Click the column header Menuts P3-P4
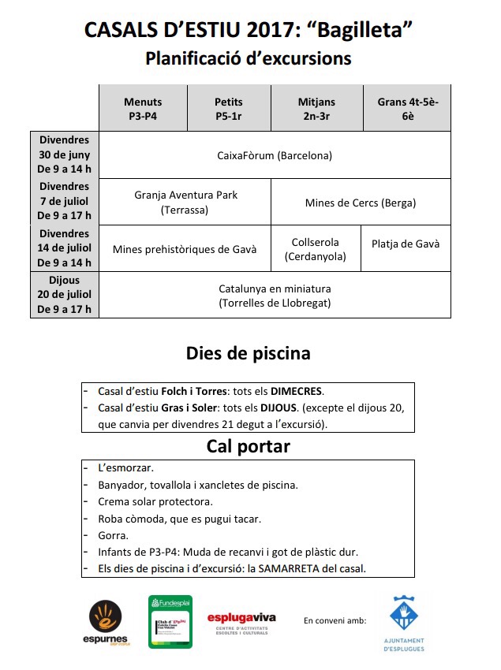[x=143, y=108]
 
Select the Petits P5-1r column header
[x=229, y=108]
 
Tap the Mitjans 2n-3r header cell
[x=316, y=108]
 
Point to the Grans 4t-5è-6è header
[x=407, y=108]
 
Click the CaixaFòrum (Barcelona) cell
[x=275, y=155]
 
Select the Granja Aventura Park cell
[x=185, y=203]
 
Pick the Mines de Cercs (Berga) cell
[x=361, y=203]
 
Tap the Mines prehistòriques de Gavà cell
[x=185, y=249]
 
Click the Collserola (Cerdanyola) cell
[x=316, y=249]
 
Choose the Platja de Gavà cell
[x=406, y=244]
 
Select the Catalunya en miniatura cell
[x=275, y=296]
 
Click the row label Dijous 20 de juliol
[x=64, y=295]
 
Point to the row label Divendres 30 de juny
[x=64, y=155]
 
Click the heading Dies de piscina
[x=248, y=353]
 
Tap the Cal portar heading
[x=248, y=447]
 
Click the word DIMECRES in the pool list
[x=297, y=391]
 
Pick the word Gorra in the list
[x=113, y=535]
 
